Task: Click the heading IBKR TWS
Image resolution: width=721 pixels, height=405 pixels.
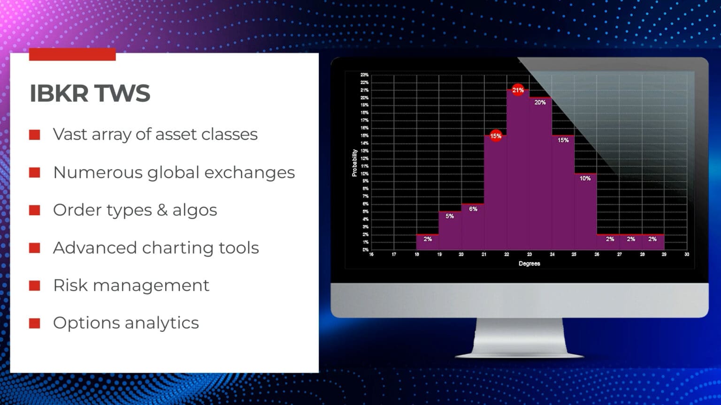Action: (90, 93)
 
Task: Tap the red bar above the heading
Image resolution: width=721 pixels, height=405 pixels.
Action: (72, 54)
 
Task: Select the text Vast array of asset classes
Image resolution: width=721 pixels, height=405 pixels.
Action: (155, 135)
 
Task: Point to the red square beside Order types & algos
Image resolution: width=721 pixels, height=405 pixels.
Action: (34, 210)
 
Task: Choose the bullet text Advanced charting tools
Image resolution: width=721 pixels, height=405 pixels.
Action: (156, 248)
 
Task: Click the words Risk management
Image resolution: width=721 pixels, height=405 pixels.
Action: (131, 285)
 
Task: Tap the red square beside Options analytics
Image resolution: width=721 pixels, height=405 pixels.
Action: (34, 323)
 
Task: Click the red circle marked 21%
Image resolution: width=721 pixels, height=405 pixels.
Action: (518, 90)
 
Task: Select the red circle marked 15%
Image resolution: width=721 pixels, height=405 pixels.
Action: (496, 136)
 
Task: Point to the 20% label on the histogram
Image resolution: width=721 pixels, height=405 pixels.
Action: (540, 102)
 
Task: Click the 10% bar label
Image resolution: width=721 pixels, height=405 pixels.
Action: (585, 179)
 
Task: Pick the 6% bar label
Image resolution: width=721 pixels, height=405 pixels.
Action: (473, 209)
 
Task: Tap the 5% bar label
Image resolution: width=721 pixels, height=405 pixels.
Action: (450, 216)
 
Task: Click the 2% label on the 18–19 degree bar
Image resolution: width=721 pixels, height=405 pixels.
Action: (428, 239)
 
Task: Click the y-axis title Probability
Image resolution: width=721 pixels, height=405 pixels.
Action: (354, 163)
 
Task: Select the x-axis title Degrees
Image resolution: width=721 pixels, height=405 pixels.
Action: (529, 263)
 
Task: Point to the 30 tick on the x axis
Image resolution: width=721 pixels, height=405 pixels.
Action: (687, 255)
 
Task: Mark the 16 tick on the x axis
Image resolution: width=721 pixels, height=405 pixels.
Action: (371, 255)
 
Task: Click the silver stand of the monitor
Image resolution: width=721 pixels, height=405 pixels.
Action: (520, 337)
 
